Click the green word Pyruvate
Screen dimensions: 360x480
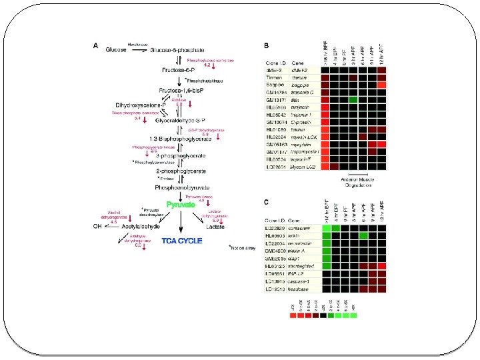181,205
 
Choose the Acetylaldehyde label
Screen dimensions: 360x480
141,227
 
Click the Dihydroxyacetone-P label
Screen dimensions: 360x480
140,105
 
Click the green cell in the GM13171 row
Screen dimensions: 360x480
354,100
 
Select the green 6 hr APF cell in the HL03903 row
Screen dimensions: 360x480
363,236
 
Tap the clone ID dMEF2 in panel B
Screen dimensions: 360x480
275,69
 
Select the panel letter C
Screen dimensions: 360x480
267,202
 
